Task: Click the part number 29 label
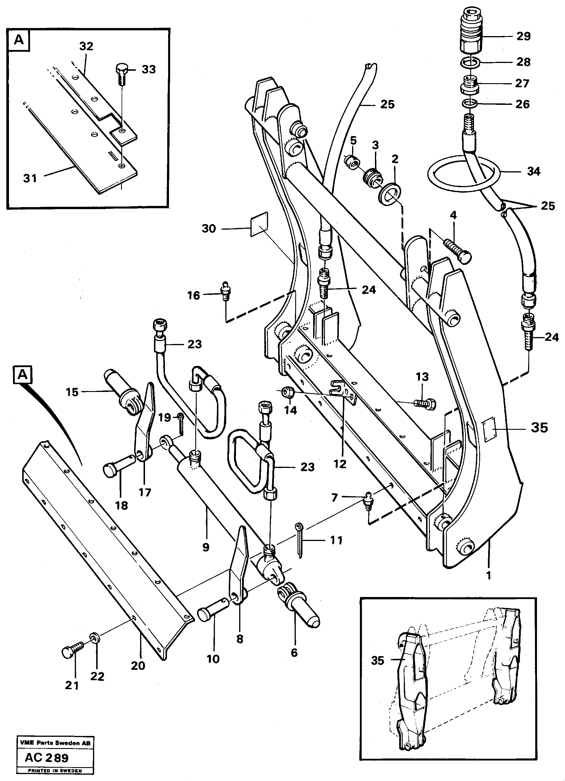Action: (523, 36)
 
